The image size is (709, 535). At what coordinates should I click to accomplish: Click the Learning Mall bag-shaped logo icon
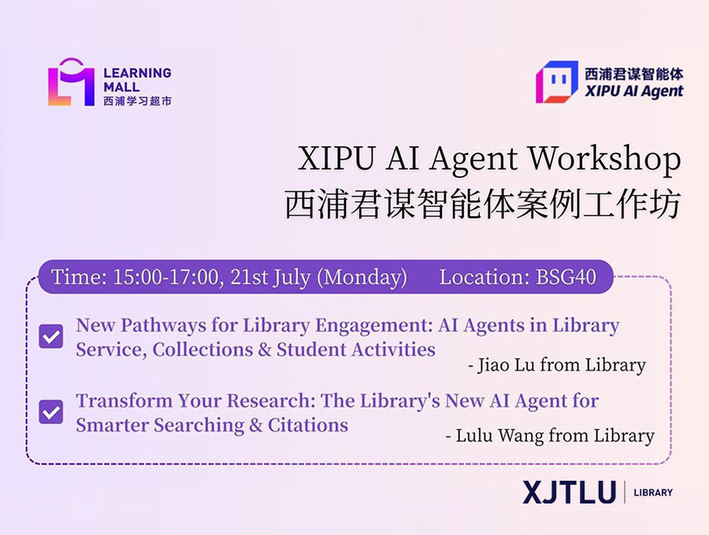pyautogui.click(x=72, y=82)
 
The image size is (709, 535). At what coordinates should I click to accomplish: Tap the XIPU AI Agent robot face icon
pyautogui.click(x=557, y=82)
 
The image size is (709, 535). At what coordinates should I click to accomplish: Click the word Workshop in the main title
pyautogui.click(x=604, y=159)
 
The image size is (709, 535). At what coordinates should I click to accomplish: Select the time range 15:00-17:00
pyautogui.click(x=165, y=277)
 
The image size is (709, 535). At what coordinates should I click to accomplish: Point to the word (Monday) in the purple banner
pyautogui.click(x=362, y=278)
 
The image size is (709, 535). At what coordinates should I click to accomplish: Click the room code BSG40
pyautogui.click(x=566, y=277)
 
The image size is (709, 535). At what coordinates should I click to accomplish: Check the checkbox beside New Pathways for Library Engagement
pyautogui.click(x=51, y=337)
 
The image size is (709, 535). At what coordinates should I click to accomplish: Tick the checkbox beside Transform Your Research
pyautogui.click(x=51, y=411)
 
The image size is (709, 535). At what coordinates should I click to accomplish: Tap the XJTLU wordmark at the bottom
pyautogui.click(x=570, y=492)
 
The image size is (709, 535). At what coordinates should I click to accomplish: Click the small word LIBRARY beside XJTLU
pyautogui.click(x=653, y=492)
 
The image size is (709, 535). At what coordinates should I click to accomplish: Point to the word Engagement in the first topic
pyautogui.click(x=373, y=326)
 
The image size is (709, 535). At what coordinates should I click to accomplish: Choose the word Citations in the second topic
pyautogui.click(x=308, y=425)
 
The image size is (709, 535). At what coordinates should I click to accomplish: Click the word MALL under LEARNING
pyautogui.click(x=121, y=87)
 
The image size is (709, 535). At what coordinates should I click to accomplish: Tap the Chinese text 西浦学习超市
pyautogui.click(x=137, y=101)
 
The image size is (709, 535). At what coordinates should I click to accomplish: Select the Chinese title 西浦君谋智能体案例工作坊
pyautogui.click(x=482, y=204)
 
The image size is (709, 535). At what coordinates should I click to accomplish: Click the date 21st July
pyautogui.click(x=270, y=277)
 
